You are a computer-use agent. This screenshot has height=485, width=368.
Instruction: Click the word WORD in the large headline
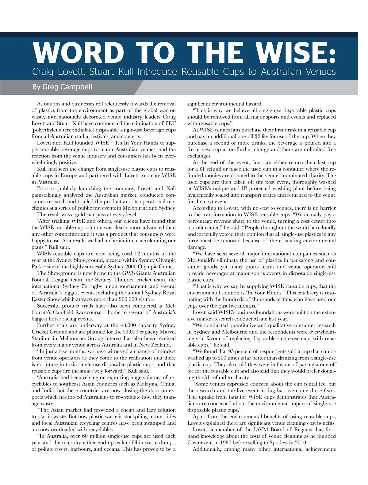click(78, 53)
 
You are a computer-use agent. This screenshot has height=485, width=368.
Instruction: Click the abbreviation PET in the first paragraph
click(171, 123)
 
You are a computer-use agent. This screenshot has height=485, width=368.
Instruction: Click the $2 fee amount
click(254, 137)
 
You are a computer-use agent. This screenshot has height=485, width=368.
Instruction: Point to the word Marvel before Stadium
click(167, 332)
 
